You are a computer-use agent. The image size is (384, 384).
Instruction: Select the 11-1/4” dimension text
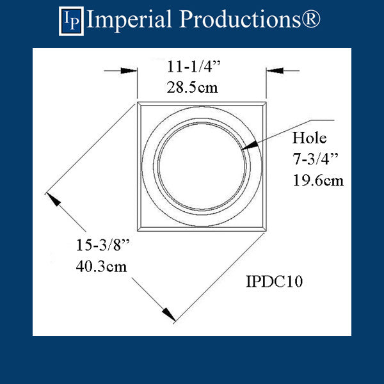coord(199,67)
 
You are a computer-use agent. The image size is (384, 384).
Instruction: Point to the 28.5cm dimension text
coord(199,86)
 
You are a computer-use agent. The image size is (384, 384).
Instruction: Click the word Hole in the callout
coord(309,138)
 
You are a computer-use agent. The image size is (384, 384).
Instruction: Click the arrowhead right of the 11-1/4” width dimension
coord(273,70)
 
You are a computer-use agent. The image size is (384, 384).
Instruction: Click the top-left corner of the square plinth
coord(136,101)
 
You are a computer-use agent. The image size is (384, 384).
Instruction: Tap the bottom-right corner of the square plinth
coord(267,229)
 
